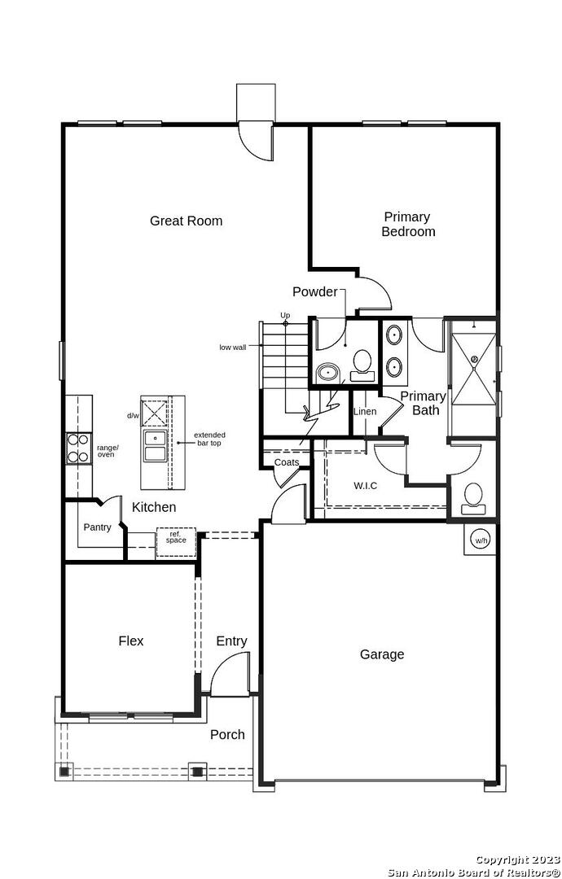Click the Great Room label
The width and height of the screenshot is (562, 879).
(186, 221)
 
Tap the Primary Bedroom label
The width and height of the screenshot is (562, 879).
(408, 225)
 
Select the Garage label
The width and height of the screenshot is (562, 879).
(382, 654)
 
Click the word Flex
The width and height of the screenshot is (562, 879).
(130, 641)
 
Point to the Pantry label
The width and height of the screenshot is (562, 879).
(98, 527)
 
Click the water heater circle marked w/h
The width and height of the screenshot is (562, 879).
(481, 541)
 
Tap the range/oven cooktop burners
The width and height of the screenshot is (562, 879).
(78, 448)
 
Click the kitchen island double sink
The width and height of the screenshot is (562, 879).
(155, 446)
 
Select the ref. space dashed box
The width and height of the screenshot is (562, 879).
(176, 543)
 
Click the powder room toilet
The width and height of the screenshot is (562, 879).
(362, 365)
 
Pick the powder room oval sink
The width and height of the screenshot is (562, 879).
(327, 372)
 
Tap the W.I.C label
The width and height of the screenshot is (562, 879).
(365, 485)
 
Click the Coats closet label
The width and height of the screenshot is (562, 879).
(286, 462)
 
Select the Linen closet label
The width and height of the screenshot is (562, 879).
(365, 412)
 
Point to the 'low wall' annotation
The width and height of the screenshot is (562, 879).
(233, 348)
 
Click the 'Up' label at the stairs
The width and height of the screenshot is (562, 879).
(286, 316)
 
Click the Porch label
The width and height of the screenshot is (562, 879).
(228, 734)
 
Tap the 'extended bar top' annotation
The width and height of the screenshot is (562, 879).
(210, 439)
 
